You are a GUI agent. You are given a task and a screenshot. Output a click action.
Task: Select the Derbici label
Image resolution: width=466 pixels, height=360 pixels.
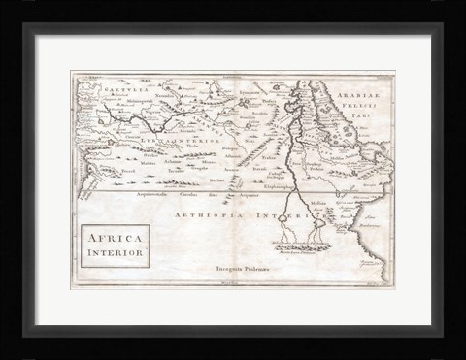217,180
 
